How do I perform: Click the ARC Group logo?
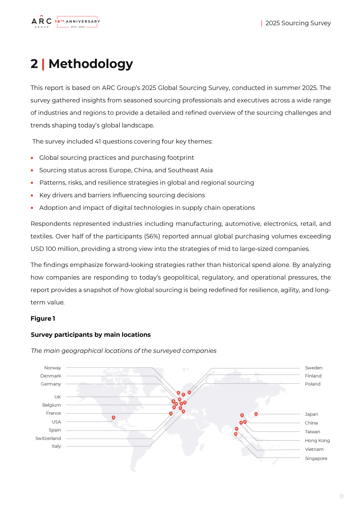[x=41, y=22]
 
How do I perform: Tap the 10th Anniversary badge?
[x=77, y=22]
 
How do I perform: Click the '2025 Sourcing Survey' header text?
[x=298, y=23]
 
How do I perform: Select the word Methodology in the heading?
[x=90, y=64]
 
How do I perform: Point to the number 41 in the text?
[x=98, y=142]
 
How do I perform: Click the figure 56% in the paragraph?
[x=152, y=236]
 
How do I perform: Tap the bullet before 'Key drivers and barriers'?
[x=32, y=195]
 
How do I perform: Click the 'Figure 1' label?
[x=43, y=318]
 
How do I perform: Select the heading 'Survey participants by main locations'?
[x=90, y=334]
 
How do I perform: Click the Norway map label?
[x=53, y=368]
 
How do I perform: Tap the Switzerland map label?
[x=48, y=438]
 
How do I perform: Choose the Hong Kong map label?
[x=317, y=440]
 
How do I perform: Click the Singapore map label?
[x=316, y=458]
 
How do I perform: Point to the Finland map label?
[x=313, y=376]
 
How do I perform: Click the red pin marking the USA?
[x=113, y=417]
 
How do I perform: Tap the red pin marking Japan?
[x=256, y=414]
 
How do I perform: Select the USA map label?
[x=56, y=422]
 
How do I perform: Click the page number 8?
[x=342, y=496]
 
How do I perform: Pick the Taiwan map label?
[x=312, y=432]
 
